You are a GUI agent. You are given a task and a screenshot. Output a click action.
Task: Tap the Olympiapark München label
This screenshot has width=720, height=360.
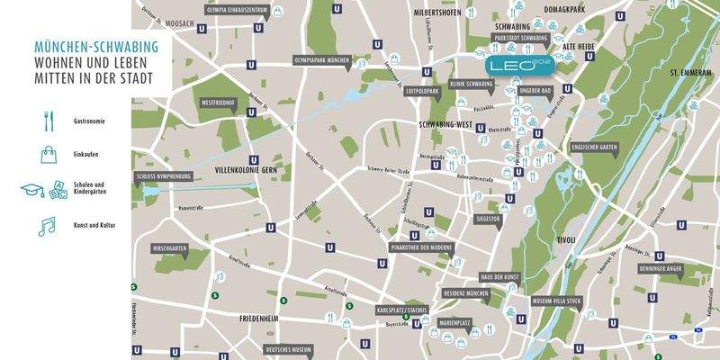point(322,59)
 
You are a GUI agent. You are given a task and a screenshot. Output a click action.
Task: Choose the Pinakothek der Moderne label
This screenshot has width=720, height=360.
point(420,246)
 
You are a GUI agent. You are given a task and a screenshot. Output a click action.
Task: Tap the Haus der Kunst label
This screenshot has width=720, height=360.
point(498,275)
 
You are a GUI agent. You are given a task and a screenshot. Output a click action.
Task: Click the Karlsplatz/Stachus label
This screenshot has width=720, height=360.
point(401,309)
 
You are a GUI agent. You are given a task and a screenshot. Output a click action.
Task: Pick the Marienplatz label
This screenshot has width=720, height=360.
point(456,318)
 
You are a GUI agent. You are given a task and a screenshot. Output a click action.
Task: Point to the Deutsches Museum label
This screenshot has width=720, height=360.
point(289,348)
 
